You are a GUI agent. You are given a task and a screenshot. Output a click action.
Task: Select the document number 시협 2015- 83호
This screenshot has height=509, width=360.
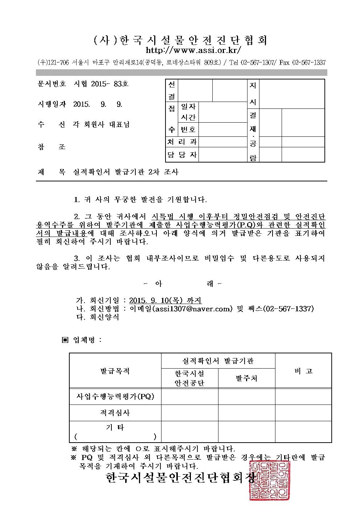click(101, 84)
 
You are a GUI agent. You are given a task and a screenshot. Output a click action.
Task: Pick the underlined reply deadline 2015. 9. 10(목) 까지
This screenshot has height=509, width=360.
click(165, 300)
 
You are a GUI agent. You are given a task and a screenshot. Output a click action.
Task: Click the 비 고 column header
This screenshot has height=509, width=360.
click(303, 371)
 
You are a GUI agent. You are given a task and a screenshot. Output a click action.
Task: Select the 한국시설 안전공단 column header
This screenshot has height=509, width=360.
click(189, 378)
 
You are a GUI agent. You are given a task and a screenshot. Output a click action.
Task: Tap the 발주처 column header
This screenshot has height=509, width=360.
click(246, 378)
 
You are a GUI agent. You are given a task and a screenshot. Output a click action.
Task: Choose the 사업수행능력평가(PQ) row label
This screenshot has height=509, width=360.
click(115, 397)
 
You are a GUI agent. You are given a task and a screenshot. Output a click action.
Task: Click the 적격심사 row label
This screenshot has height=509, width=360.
click(115, 413)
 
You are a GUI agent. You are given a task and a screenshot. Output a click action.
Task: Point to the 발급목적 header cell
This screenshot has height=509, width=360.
click(115, 371)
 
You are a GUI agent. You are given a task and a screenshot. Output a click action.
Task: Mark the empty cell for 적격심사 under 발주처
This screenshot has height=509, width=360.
click(246, 413)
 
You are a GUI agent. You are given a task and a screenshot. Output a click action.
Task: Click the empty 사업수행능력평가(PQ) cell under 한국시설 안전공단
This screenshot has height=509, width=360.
click(189, 397)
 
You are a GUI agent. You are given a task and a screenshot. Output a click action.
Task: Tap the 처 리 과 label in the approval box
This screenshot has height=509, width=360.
click(182, 142)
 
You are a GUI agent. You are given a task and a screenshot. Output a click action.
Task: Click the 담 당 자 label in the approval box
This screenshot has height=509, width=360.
click(182, 155)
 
